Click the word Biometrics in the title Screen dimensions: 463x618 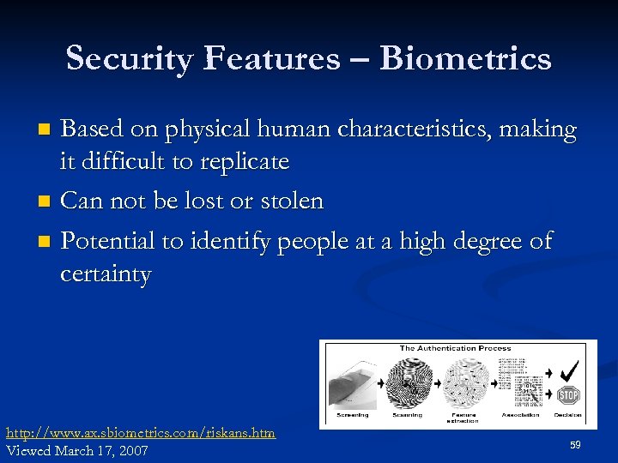click(x=465, y=58)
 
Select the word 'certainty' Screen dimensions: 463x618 click(x=106, y=275)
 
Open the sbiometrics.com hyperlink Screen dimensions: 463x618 click(x=141, y=433)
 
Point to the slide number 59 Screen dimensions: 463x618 click(x=575, y=444)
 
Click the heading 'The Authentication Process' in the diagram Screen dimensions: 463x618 click(x=455, y=348)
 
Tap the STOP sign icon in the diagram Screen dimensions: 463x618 click(x=568, y=394)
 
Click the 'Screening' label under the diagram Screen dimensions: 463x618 click(x=353, y=415)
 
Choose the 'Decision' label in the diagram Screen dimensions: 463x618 click(x=567, y=415)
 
